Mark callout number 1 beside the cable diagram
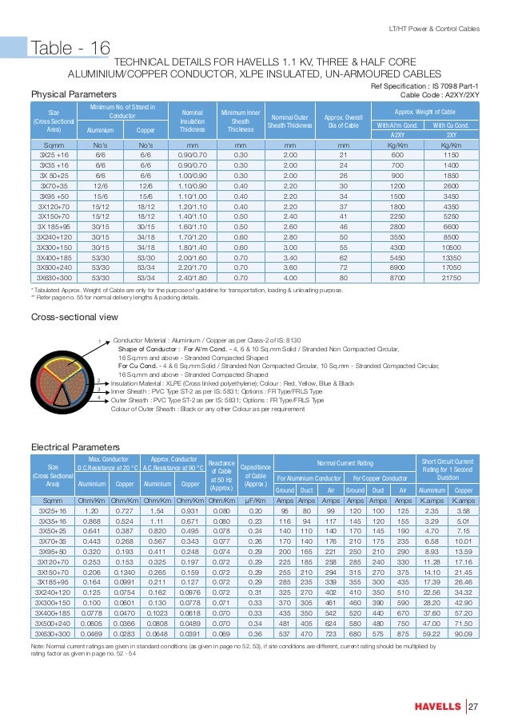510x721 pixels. [100, 343]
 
